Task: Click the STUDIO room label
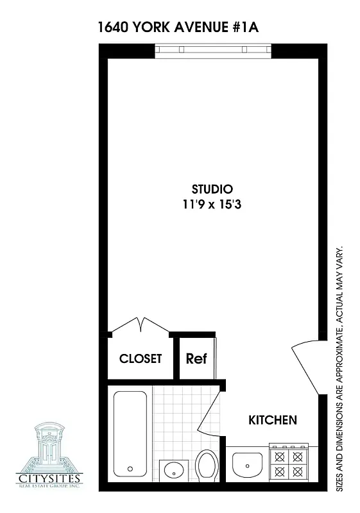pyautogui.click(x=212, y=189)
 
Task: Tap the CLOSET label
pyautogui.click(x=141, y=358)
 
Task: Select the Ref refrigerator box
pyautogui.click(x=196, y=358)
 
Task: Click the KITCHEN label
pyautogui.click(x=272, y=421)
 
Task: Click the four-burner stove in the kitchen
pyautogui.click(x=288, y=463)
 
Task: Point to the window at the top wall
pyautogui.click(x=213, y=50)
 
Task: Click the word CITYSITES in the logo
pyautogui.click(x=51, y=478)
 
